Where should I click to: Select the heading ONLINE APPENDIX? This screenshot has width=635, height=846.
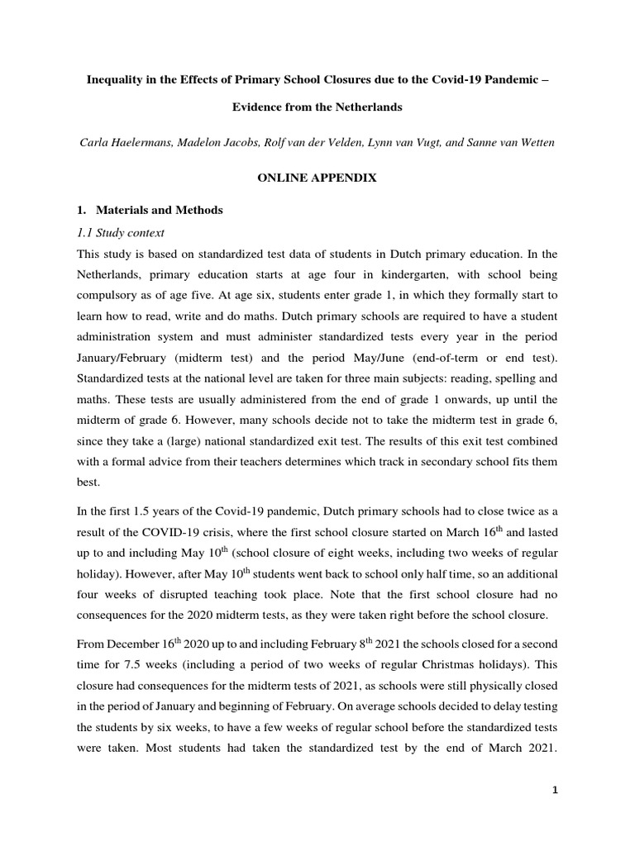tap(317, 178)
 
